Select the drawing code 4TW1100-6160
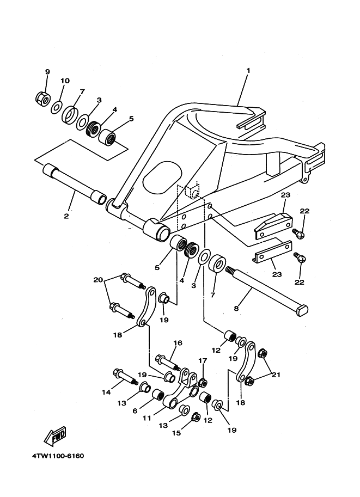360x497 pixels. pos(58,456)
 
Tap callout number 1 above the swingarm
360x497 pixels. pos(248,70)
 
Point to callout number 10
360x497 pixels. pos(65,81)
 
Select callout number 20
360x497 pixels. pos(99,280)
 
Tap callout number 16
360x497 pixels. pos(178,343)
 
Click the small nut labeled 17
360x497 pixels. pos(203,383)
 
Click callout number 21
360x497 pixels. pos(276,375)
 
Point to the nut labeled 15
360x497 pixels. pos(196,417)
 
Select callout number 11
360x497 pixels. pos(147,419)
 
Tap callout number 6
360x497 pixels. pos(135,411)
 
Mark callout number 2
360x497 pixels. pos(66,217)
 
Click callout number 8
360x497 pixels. pos(236,308)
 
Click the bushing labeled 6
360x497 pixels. pos(157,395)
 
